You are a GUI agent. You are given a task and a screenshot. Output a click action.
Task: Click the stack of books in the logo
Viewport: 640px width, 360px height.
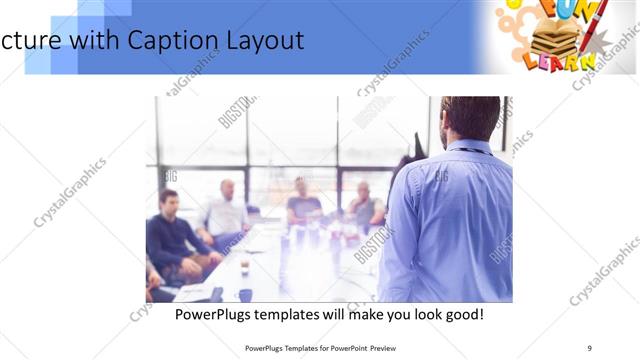point(561,39)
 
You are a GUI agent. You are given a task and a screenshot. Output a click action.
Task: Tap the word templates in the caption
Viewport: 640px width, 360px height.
point(304,314)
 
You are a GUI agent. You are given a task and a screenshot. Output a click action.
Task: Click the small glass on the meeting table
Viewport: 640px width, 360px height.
point(244,265)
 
